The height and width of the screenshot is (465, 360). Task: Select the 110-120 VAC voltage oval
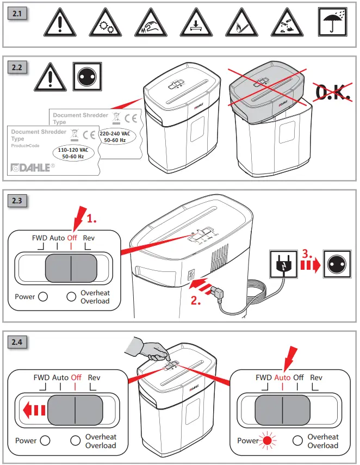[x=72, y=152]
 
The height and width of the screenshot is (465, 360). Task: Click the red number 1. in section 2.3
[x=92, y=219]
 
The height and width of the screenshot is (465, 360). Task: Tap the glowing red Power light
[x=267, y=441]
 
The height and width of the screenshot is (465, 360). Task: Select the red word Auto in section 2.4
[x=282, y=377]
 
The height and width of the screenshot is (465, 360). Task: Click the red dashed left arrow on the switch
[x=34, y=409]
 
